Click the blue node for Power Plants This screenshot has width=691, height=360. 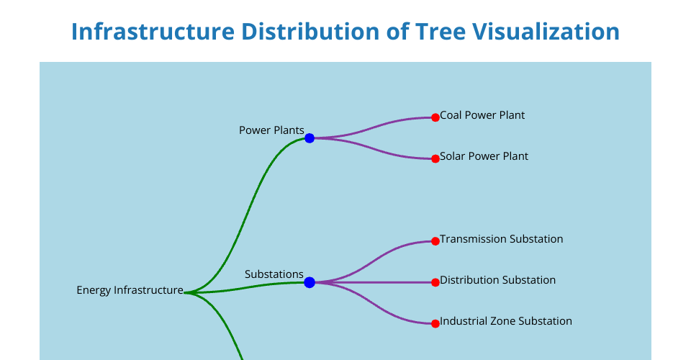pyautogui.click(x=310, y=138)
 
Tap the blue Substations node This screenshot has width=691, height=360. pyautogui.click(x=310, y=282)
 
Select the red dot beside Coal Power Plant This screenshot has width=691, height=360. pyautogui.click(x=435, y=117)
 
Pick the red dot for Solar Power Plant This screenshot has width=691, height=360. pyautogui.click(x=435, y=158)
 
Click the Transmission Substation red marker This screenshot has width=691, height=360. pyautogui.click(x=435, y=241)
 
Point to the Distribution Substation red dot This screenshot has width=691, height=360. pyautogui.click(x=435, y=282)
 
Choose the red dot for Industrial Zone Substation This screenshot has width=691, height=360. pyautogui.click(x=435, y=324)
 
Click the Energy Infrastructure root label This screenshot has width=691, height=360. pyautogui.click(x=130, y=290)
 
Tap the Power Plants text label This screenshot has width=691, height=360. pyautogui.click(x=271, y=130)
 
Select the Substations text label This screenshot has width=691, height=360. pyautogui.click(x=274, y=274)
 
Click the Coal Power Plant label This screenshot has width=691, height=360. pyautogui.click(x=482, y=115)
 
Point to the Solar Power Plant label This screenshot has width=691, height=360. pyautogui.click(x=484, y=156)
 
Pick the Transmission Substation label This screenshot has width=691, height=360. pyautogui.click(x=502, y=239)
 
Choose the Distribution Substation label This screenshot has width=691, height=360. pyautogui.click(x=497, y=280)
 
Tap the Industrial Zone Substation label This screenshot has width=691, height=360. pyautogui.click(x=506, y=321)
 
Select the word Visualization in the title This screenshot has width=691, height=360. pyautogui.click(x=546, y=31)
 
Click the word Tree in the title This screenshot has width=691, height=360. pyautogui.click(x=440, y=31)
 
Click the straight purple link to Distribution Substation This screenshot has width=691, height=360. pyautogui.click(x=372, y=282)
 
